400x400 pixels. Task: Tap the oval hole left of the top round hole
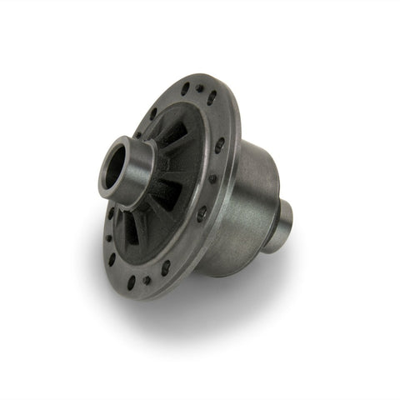[184, 90]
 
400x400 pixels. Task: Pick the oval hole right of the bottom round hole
[167, 267]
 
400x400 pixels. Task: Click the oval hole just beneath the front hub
[111, 215]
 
